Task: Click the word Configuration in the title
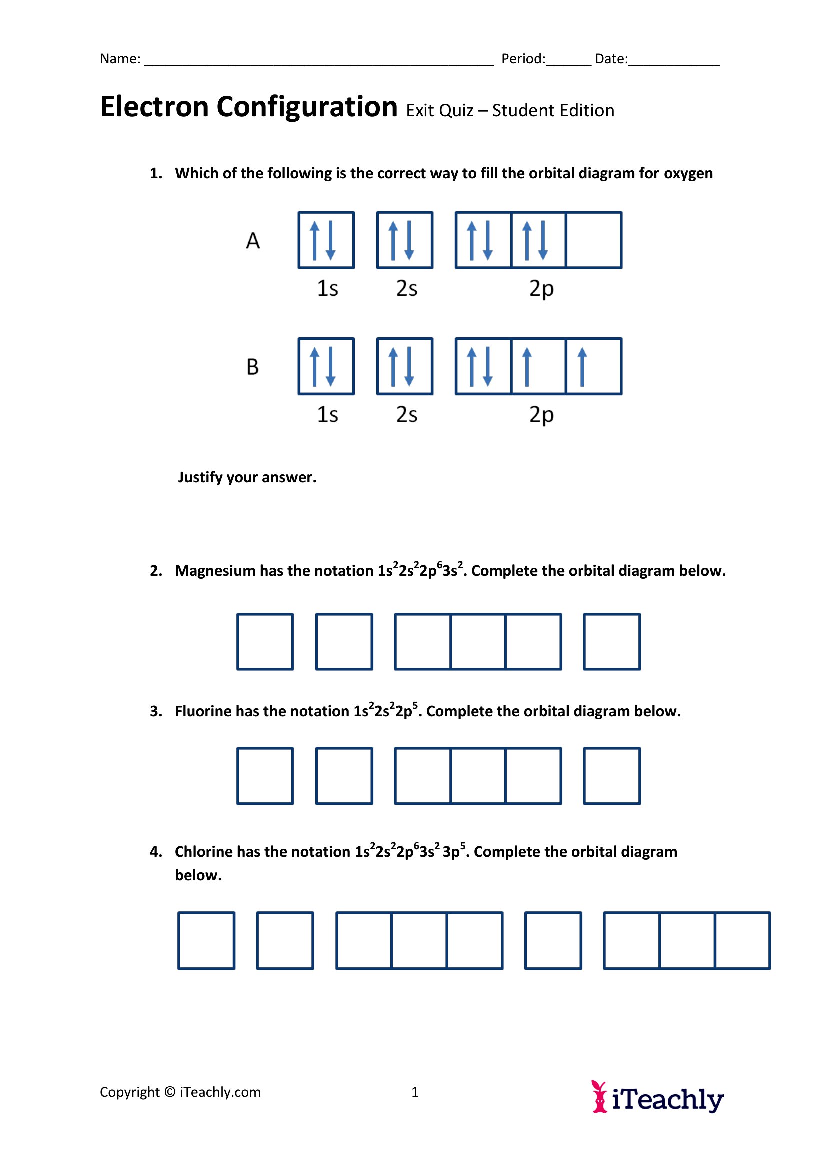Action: point(307,107)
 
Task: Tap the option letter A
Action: point(253,241)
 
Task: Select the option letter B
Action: point(253,367)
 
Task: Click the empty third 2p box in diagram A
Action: point(594,240)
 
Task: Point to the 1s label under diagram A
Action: point(327,289)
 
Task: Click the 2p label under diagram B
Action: point(541,415)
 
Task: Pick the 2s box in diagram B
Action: point(405,366)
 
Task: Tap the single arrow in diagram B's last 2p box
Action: point(582,366)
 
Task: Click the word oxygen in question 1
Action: point(688,173)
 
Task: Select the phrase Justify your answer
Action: point(247,478)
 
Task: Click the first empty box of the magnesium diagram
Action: point(265,642)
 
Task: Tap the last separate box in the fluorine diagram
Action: point(611,776)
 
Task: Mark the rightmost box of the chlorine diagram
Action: point(742,941)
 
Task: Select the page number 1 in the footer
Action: point(415,1092)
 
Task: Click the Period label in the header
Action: point(523,59)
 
